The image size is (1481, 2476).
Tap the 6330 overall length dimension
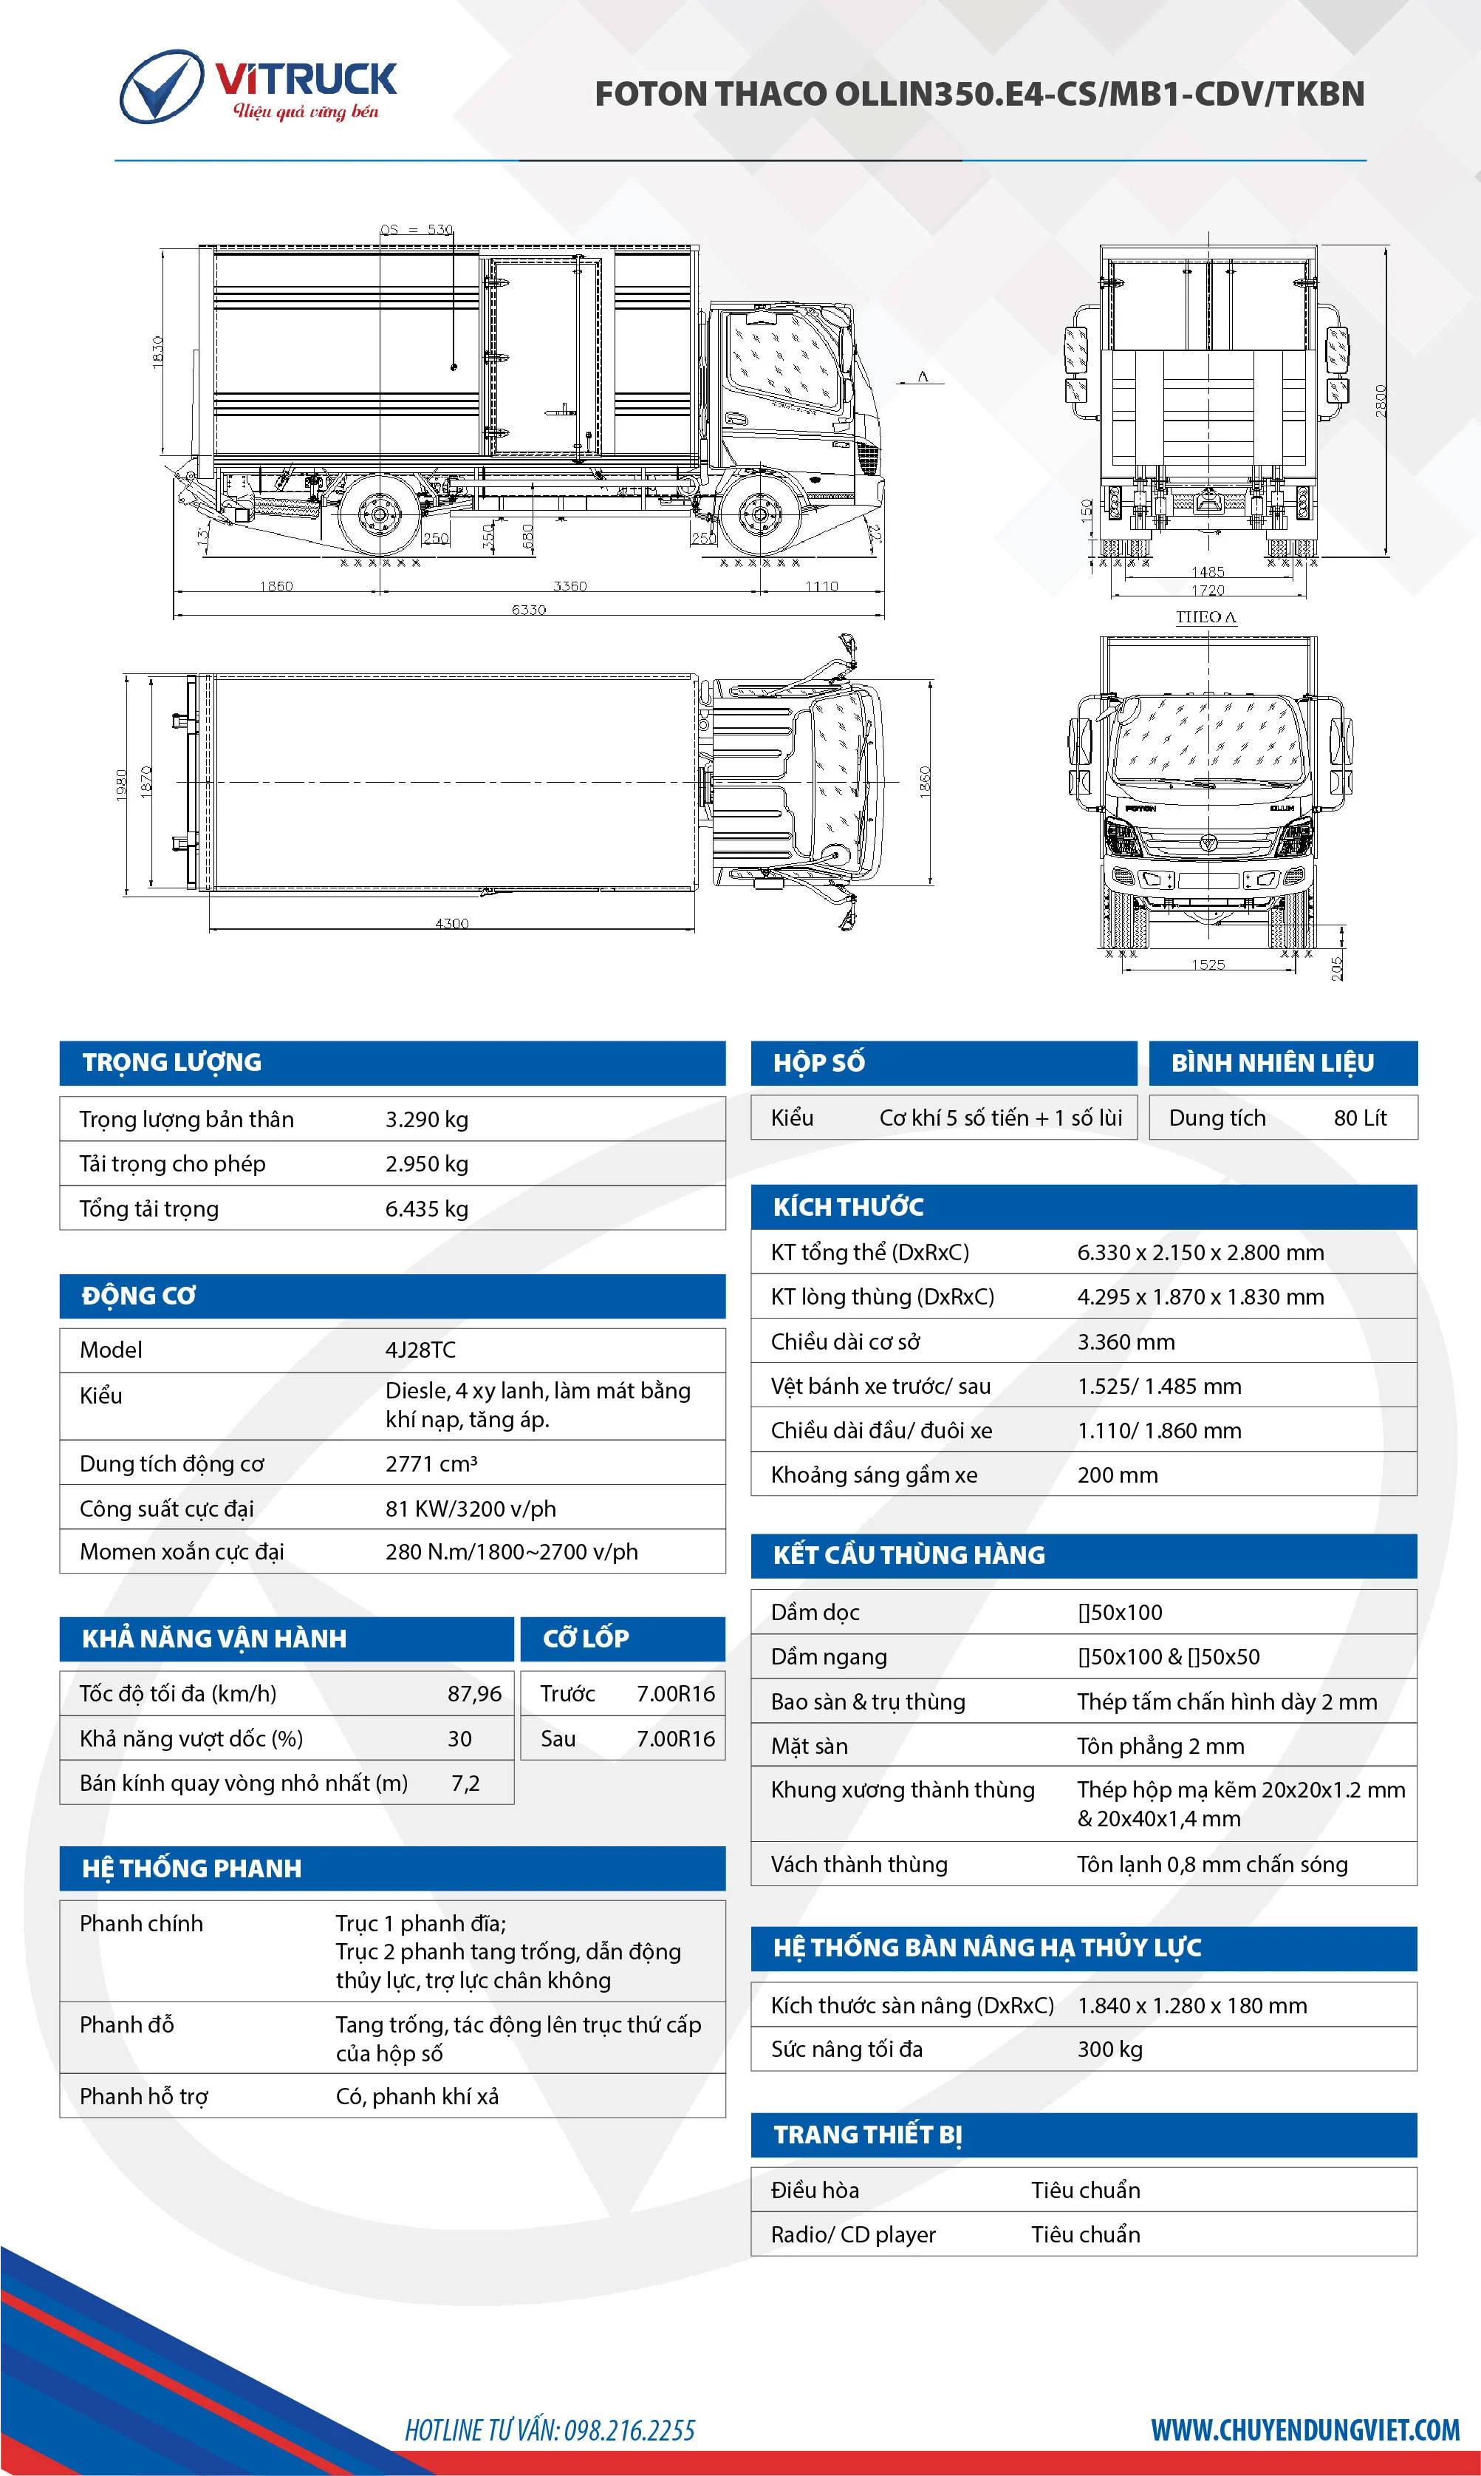click(x=529, y=609)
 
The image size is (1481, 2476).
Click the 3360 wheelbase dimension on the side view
click(x=570, y=585)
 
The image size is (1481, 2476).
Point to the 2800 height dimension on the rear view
click(x=1381, y=401)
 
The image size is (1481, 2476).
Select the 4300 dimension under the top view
click(x=452, y=922)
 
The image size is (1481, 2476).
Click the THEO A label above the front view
click(x=1205, y=617)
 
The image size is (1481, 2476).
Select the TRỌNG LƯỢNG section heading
click(x=171, y=1062)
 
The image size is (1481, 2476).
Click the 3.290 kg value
click(x=426, y=1119)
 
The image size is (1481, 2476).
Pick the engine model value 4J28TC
click(x=420, y=1350)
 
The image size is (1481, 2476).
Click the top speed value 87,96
click(x=474, y=1693)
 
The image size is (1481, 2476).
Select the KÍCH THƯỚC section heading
click(x=848, y=1207)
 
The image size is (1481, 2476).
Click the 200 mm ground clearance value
click(x=1117, y=1475)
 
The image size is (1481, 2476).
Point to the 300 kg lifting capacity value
click(x=1109, y=2049)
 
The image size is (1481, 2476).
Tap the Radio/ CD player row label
click(x=853, y=2234)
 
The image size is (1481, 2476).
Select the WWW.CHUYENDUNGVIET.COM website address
click(x=1304, y=2429)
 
